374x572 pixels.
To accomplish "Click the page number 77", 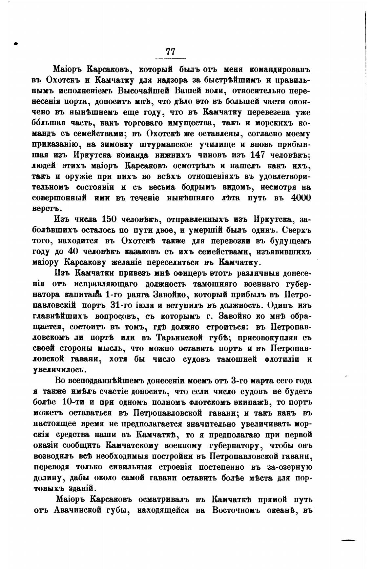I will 171,52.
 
